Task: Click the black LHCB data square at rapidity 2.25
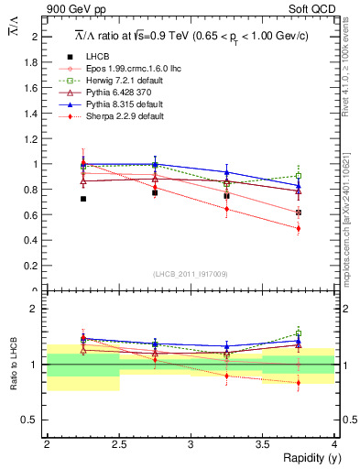pos(83,199)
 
